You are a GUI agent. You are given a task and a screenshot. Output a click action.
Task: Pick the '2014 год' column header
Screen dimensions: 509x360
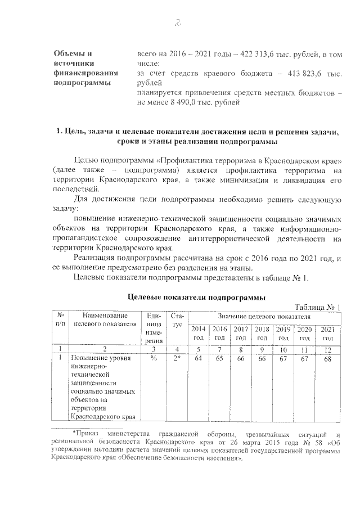(199, 333)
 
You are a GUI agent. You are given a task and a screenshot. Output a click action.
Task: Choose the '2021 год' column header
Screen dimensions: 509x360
(328, 333)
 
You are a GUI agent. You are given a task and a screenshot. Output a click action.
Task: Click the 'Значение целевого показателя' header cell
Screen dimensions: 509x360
(264, 317)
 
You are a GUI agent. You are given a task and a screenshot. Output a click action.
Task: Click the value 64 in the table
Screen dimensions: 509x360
(199, 358)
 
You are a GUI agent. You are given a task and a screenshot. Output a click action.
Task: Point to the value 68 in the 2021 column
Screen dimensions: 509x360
(328, 358)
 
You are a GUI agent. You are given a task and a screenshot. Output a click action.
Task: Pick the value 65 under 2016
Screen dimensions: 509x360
(220, 358)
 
